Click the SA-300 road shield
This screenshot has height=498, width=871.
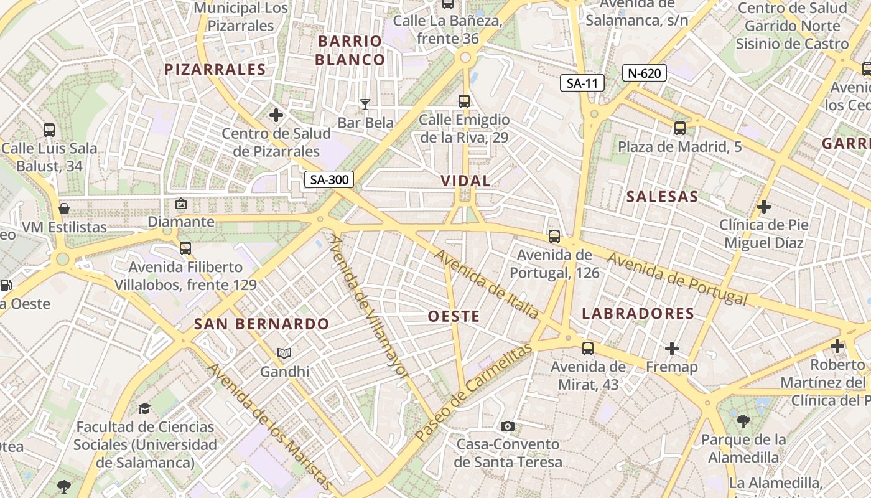[329, 180]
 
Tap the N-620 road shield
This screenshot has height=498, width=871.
[644, 73]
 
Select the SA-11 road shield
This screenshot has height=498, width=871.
[582, 83]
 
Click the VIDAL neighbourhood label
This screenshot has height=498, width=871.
[465, 181]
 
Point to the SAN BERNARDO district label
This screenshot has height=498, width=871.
[261, 324]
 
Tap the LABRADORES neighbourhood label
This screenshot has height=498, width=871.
[638, 313]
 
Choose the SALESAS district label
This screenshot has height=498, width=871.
[662, 197]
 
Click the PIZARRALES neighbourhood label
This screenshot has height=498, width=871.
[215, 69]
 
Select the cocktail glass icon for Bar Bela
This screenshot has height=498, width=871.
[365, 104]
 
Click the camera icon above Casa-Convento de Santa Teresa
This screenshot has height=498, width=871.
[508, 426]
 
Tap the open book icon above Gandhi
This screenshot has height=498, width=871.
[284, 354]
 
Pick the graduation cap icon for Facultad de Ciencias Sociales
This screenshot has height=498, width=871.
[144, 408]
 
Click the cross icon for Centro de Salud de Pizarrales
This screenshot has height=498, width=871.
[276, 115]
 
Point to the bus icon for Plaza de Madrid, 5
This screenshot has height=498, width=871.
[680, 128]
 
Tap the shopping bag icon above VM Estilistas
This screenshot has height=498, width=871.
[64, 208]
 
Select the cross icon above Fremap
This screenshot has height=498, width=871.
[672, 348]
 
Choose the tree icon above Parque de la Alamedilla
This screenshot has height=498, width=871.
[743, 421]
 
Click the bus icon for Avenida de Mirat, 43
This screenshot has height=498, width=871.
[588, 348]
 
